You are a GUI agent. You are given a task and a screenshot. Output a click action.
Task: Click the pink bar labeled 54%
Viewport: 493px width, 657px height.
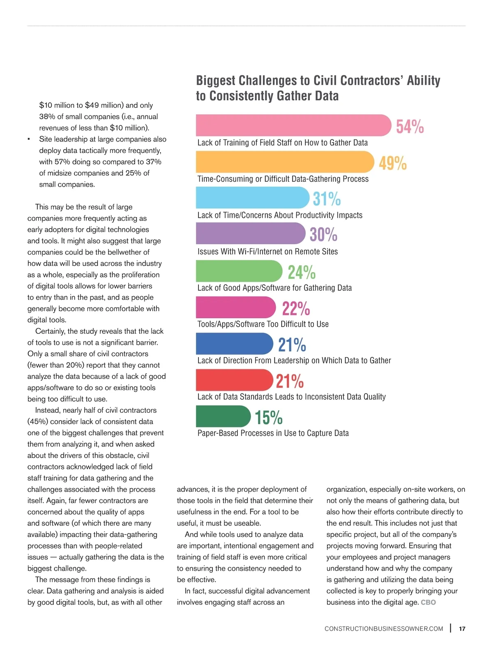coord(293,125)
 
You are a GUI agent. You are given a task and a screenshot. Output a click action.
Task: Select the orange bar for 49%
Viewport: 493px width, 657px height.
coord(285,162)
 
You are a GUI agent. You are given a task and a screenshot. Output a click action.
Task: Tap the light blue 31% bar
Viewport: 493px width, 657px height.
coord(252,197)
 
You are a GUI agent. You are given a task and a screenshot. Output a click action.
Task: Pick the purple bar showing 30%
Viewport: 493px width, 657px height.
coord(251,234)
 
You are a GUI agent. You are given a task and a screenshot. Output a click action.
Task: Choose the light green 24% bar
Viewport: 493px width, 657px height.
coord(239,271)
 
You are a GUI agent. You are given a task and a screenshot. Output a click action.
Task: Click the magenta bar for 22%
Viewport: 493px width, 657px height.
coord(236,307)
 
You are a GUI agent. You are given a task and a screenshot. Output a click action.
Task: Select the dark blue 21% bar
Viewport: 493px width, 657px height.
coord(234,343)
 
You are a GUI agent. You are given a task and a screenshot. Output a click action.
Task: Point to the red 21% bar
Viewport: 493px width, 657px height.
coord(234,380)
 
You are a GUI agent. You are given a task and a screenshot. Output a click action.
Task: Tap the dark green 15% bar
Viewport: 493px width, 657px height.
coord(223,416)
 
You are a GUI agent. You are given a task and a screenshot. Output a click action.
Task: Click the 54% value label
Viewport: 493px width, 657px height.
coord(410,127)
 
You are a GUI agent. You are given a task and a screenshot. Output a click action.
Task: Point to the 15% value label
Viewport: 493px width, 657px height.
coord(269,417)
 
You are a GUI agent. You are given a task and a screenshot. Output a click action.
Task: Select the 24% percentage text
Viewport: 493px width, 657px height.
coord(302,272)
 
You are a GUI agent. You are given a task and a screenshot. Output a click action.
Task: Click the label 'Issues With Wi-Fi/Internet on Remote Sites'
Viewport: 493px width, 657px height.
coord(267,252)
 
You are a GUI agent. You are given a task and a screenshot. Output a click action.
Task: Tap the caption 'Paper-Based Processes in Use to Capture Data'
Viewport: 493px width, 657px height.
coord(273,433)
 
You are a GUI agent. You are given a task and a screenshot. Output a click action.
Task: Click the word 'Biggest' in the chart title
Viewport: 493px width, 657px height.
coord(216,81)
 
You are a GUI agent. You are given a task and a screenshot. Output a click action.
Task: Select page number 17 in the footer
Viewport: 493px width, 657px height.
coord(462,629)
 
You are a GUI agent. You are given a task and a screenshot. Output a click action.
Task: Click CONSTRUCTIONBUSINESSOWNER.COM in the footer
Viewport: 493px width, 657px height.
coord(384,629)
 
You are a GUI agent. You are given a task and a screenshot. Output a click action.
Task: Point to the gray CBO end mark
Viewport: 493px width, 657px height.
coord(428,602)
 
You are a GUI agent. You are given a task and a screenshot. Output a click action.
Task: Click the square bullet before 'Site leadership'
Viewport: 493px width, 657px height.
coord(29,139)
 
